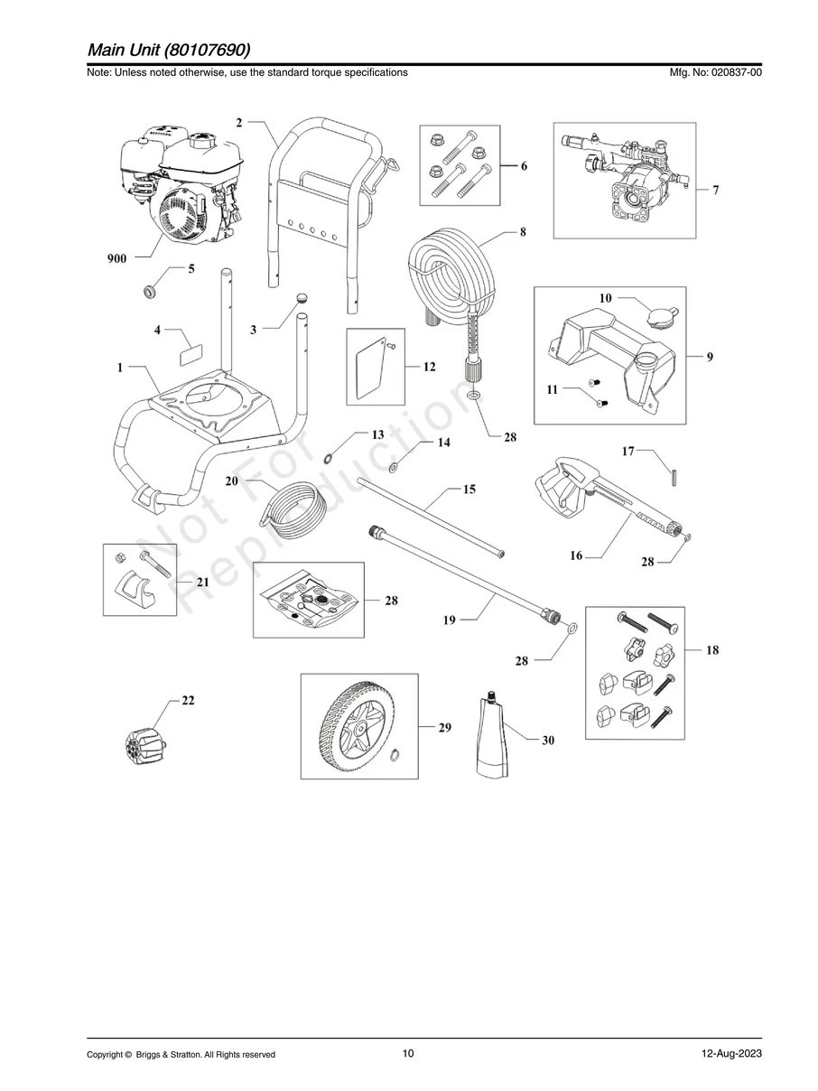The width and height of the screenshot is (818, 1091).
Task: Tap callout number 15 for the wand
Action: [469, 490]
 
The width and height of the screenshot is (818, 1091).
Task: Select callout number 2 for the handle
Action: [239, 123]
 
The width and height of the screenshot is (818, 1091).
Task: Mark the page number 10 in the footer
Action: [408, 1054]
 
